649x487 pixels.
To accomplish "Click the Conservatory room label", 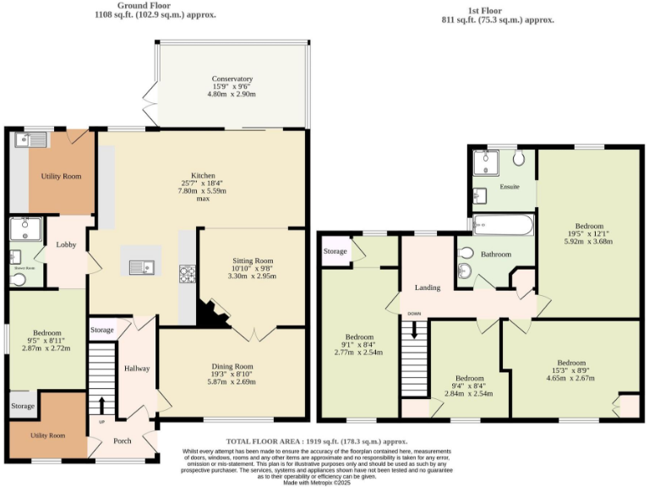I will tap(232, 79).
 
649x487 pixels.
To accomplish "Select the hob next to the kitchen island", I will tap(187, 273).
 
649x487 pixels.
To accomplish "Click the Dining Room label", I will tap(232, 366).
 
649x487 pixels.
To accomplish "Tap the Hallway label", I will tap(137, 369).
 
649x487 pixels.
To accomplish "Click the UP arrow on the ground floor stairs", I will tap(102, 406).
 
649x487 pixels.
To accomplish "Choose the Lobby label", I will tap(66, 244).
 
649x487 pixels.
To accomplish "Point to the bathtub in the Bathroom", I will tap(503, 225).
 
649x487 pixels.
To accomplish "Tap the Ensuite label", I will tap(510, 186).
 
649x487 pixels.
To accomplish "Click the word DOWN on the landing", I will tap(414, 314).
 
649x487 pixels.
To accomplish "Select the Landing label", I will tap(427, 288).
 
